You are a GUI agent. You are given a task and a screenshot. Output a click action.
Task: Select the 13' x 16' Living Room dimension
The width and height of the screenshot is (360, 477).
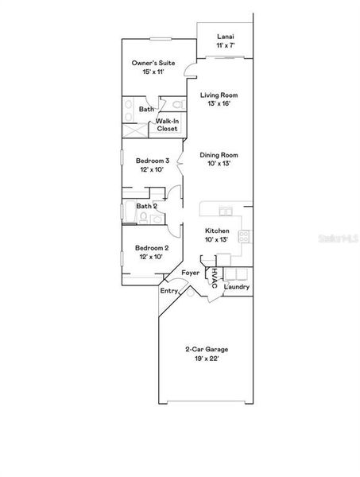222,103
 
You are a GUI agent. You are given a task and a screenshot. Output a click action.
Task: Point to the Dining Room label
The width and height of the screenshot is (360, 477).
222,155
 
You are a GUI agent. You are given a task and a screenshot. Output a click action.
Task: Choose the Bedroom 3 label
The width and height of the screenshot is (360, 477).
149,161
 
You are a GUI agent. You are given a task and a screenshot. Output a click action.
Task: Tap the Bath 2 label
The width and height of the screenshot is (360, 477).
147,206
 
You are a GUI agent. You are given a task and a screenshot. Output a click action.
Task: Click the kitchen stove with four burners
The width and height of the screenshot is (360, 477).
246,235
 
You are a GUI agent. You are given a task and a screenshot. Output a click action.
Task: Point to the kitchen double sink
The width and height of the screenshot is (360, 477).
226,211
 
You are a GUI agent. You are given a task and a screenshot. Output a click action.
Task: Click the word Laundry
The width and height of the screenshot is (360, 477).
237,287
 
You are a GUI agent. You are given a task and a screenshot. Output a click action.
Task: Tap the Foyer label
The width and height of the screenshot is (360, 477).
191,273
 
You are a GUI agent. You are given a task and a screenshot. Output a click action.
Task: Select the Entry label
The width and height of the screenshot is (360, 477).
169,291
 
